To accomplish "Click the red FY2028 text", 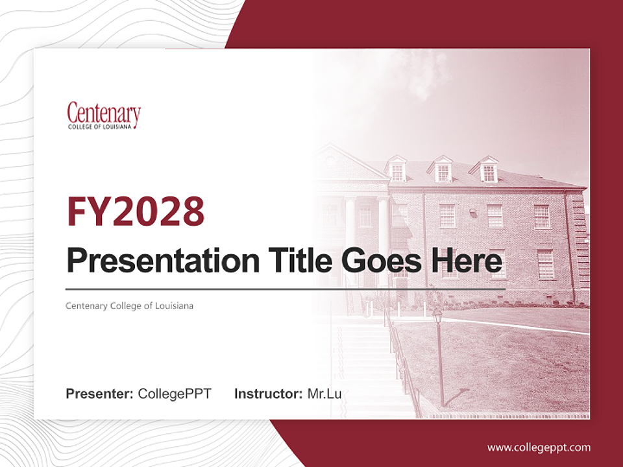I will (136, 211).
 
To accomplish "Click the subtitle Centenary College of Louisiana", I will (129, 305).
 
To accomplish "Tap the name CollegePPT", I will (175, 394).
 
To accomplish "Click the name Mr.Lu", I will (324, 394).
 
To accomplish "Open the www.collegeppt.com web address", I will (539, 448).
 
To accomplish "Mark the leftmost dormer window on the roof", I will (397, 170).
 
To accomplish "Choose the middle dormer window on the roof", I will (443, 170).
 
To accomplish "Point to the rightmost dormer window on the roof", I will (489, 171).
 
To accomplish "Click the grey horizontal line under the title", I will (286, 289).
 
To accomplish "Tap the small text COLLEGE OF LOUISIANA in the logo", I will (100, 126).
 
